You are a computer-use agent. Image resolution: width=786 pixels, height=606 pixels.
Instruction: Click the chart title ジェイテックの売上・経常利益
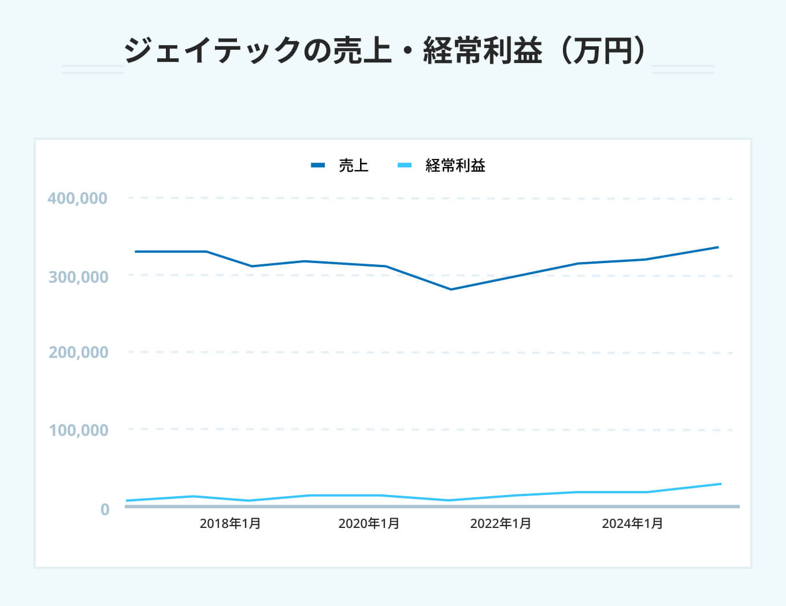coord(333,50)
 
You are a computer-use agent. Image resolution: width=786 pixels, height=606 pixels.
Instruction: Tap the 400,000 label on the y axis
coord(77,198)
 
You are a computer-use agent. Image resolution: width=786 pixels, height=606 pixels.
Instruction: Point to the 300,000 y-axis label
coord(78,277)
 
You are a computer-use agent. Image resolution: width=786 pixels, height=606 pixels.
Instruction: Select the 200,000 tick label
coord(78,352)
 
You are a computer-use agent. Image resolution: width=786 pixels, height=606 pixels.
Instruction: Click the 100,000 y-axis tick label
coord(78,430)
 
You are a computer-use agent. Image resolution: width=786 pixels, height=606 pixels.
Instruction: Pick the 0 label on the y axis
coord(105,509)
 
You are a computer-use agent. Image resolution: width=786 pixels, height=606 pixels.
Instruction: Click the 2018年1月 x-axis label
coord(230,524)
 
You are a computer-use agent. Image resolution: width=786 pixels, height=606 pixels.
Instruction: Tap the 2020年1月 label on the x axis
coord(369,524)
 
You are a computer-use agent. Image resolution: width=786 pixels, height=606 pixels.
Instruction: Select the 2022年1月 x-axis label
coord(500,524)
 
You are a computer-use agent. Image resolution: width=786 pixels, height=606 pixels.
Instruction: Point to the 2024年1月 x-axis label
coord(632,524)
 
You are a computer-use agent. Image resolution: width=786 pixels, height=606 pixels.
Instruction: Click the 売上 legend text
coord(354,166)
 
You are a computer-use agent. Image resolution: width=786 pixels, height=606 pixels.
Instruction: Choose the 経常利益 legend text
coord(455,166)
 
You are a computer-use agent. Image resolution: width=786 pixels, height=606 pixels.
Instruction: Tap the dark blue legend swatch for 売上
coord(318,165)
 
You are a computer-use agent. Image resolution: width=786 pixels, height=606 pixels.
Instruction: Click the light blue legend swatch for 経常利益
coord(405,165)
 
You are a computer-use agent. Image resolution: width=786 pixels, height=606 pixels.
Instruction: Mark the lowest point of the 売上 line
coord(451,289)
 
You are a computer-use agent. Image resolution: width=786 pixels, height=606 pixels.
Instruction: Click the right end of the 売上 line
coord(718,247)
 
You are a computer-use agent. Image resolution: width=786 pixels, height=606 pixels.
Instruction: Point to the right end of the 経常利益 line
coord(721,483)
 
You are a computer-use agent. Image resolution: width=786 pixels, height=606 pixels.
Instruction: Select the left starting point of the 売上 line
coord(135,252)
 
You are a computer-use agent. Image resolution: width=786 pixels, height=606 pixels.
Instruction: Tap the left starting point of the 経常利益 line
coord(127,500)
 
